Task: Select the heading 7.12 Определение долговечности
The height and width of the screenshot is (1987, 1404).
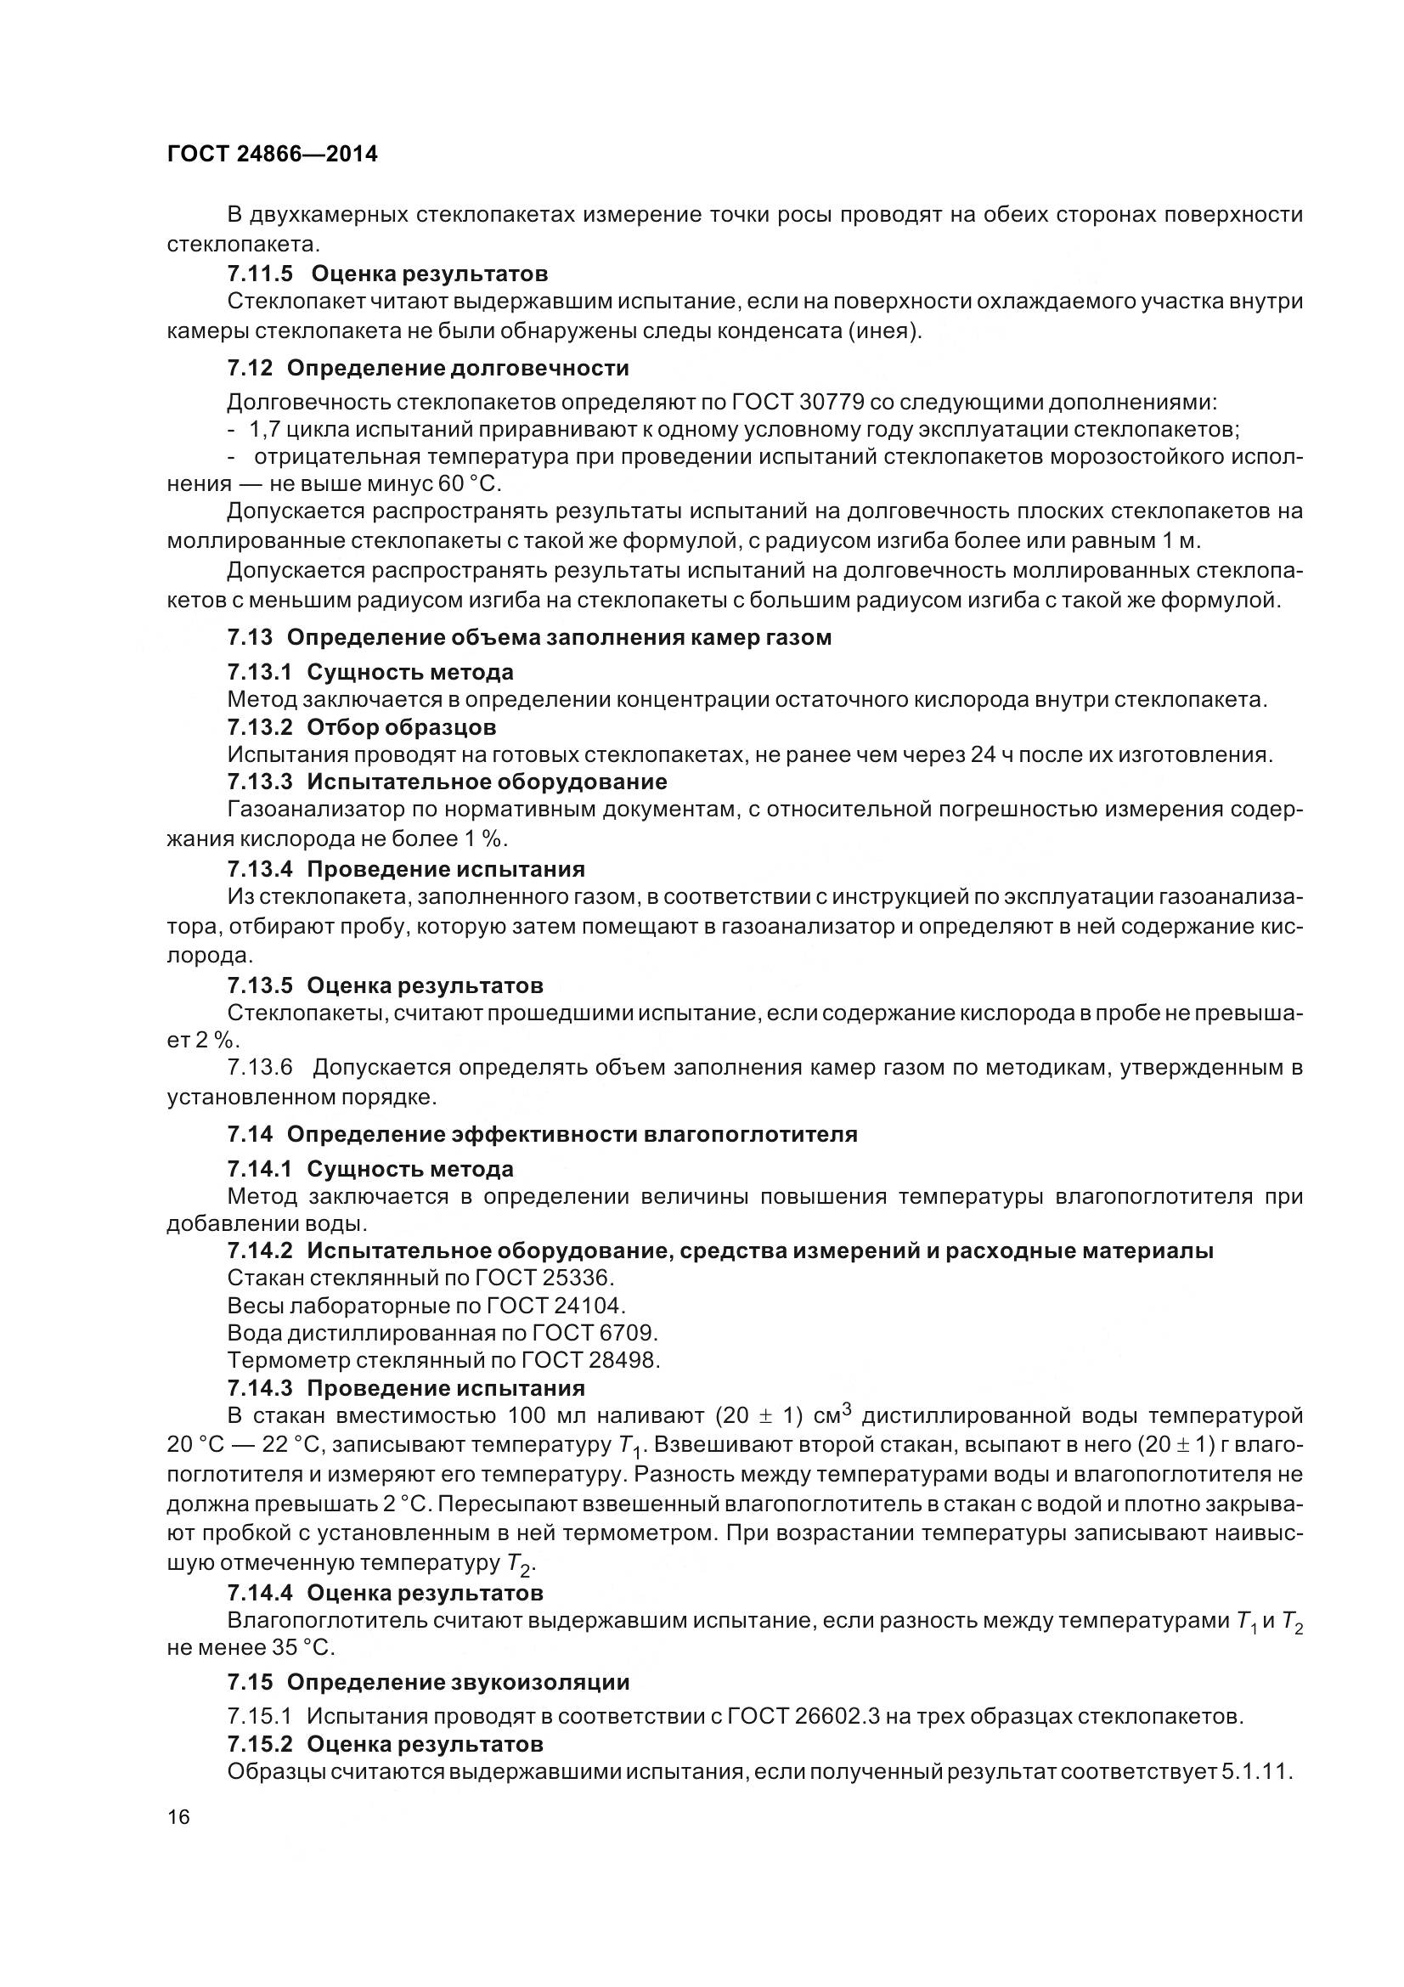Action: coord(427,368)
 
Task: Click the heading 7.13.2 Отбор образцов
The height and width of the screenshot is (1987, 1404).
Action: coord(362,727)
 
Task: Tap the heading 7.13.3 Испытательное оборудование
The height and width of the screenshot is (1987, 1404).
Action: coord(448,782)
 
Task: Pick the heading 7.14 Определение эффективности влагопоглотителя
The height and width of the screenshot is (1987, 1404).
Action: coord(543,1134)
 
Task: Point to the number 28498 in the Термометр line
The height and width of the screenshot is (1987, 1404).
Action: coord(623,1360)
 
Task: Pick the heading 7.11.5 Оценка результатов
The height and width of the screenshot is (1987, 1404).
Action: coord(387,274)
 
